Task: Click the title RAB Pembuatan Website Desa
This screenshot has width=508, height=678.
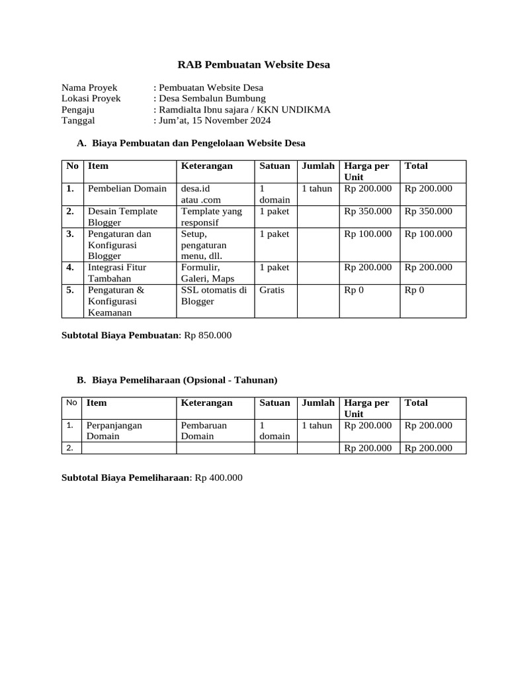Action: [x=254, y=64]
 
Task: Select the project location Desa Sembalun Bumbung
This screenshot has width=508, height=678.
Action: [x=211, y=99]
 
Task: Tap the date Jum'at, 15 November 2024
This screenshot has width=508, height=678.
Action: [x=213, y=121]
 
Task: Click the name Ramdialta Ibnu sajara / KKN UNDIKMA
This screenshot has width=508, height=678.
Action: [x=243, y=110]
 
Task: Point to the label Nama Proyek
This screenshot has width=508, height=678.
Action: [x=89, y=87]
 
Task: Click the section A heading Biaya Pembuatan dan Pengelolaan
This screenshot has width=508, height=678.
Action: [x=198, y=142]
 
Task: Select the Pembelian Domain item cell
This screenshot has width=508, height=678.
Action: [x=128, y=189]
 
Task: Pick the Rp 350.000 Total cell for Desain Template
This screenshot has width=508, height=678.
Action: [x=429, y=211]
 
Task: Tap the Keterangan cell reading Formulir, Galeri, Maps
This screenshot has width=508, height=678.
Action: [x=208, y=273]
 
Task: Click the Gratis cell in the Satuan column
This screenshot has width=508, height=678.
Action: [x=272, y=290]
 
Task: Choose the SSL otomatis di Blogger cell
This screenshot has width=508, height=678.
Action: [x=214, y=295]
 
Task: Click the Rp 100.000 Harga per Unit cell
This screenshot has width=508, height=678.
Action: [x=368, y=234]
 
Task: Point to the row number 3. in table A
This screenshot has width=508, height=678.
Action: [x=70, y=234]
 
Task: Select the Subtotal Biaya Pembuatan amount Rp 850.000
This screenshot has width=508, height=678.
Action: [x=208, y=336]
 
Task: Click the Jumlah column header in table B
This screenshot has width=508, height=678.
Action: [x=318, y=403]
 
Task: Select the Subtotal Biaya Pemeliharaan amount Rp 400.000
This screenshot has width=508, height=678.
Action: [x=219, y=477]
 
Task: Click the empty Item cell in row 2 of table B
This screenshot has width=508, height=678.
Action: [x=129, y=448]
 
